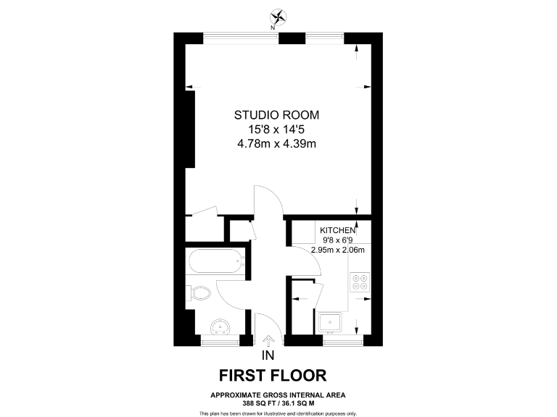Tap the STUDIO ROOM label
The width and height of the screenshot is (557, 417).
pos(276,115)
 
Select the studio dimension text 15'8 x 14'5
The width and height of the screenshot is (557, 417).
pos(276,130)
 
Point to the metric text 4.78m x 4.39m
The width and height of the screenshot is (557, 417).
pos(276,144)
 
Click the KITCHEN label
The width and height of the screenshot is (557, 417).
pos(338,229)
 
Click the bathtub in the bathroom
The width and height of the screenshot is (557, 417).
pos(215,261)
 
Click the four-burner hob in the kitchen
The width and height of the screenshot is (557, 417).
pos(360,282)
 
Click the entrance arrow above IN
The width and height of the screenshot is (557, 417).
pos(268,341)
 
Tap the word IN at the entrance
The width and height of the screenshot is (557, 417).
pos(268,355)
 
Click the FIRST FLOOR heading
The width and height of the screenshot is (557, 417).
pos(273,375)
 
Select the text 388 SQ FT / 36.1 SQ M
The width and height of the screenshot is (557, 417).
pos(278,402)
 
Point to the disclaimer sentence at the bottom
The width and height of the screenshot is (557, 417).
pos(278,413)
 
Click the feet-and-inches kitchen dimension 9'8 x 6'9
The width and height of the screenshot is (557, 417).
pos(338,240)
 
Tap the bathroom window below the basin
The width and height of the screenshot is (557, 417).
pos(219,339)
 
